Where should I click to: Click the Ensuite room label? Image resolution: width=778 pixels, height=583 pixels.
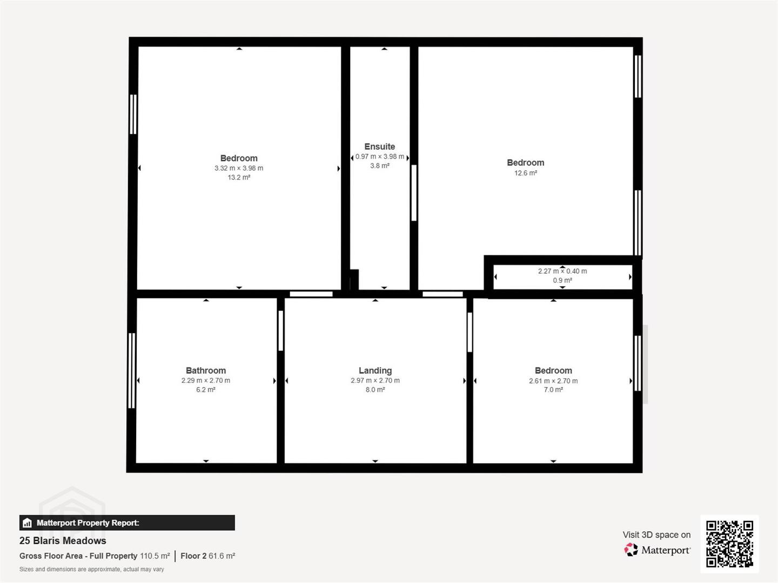pyautogui.click(x=380, y=146)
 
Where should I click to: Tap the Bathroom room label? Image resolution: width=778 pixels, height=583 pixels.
pyautogui.click(x=206, y=371)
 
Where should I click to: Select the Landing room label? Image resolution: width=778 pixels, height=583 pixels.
pyautogui.click(x=375, y=371)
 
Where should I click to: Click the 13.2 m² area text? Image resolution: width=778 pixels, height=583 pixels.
pyautogui.click(x=239, y=178)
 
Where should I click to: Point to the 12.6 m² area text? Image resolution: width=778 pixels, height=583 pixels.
pyautogui.click(x=526, y=173)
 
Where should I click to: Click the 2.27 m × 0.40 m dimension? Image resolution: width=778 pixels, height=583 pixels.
pyautogui.click(x=562, y=271)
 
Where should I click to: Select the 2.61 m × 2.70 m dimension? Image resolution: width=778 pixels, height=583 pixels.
pyautogui.click(x=553, y=381)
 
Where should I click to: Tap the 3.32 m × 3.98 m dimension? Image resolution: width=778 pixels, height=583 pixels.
pyautogui.click(x=239, y=168)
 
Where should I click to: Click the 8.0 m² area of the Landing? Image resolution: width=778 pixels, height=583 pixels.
pyautogui.click(x=375, y=390)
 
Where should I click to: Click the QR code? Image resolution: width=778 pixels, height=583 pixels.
pyautogui.click(x=729, y=544)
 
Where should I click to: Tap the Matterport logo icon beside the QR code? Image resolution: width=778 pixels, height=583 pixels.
pyautogui.click(x=631, y=550)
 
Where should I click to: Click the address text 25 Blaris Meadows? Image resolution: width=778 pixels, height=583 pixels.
pyautogui.click(x=63, y=540)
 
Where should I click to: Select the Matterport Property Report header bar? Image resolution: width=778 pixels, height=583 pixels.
pyautogui.click(x=127, y=523)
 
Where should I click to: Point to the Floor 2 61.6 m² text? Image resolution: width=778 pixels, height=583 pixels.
pyautogui.click(x=207, y=556)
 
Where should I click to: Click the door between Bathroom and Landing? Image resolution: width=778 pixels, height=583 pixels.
pyautogui.click(x=281, y=330)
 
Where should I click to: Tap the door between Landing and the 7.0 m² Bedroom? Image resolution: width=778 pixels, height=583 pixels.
pyautogui.click(x=470, y=332)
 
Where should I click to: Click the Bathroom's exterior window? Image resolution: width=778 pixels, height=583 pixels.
pyautogui.click(x=131, y=370)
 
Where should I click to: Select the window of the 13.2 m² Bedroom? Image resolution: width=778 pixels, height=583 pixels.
pyautogui.click(x=133, y=114)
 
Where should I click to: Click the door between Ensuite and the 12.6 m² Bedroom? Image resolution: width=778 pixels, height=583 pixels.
pyautogui.click(x=414, y=193)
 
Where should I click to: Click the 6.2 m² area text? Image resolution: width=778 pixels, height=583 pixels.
pyautogui.click(x=206, y=390)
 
